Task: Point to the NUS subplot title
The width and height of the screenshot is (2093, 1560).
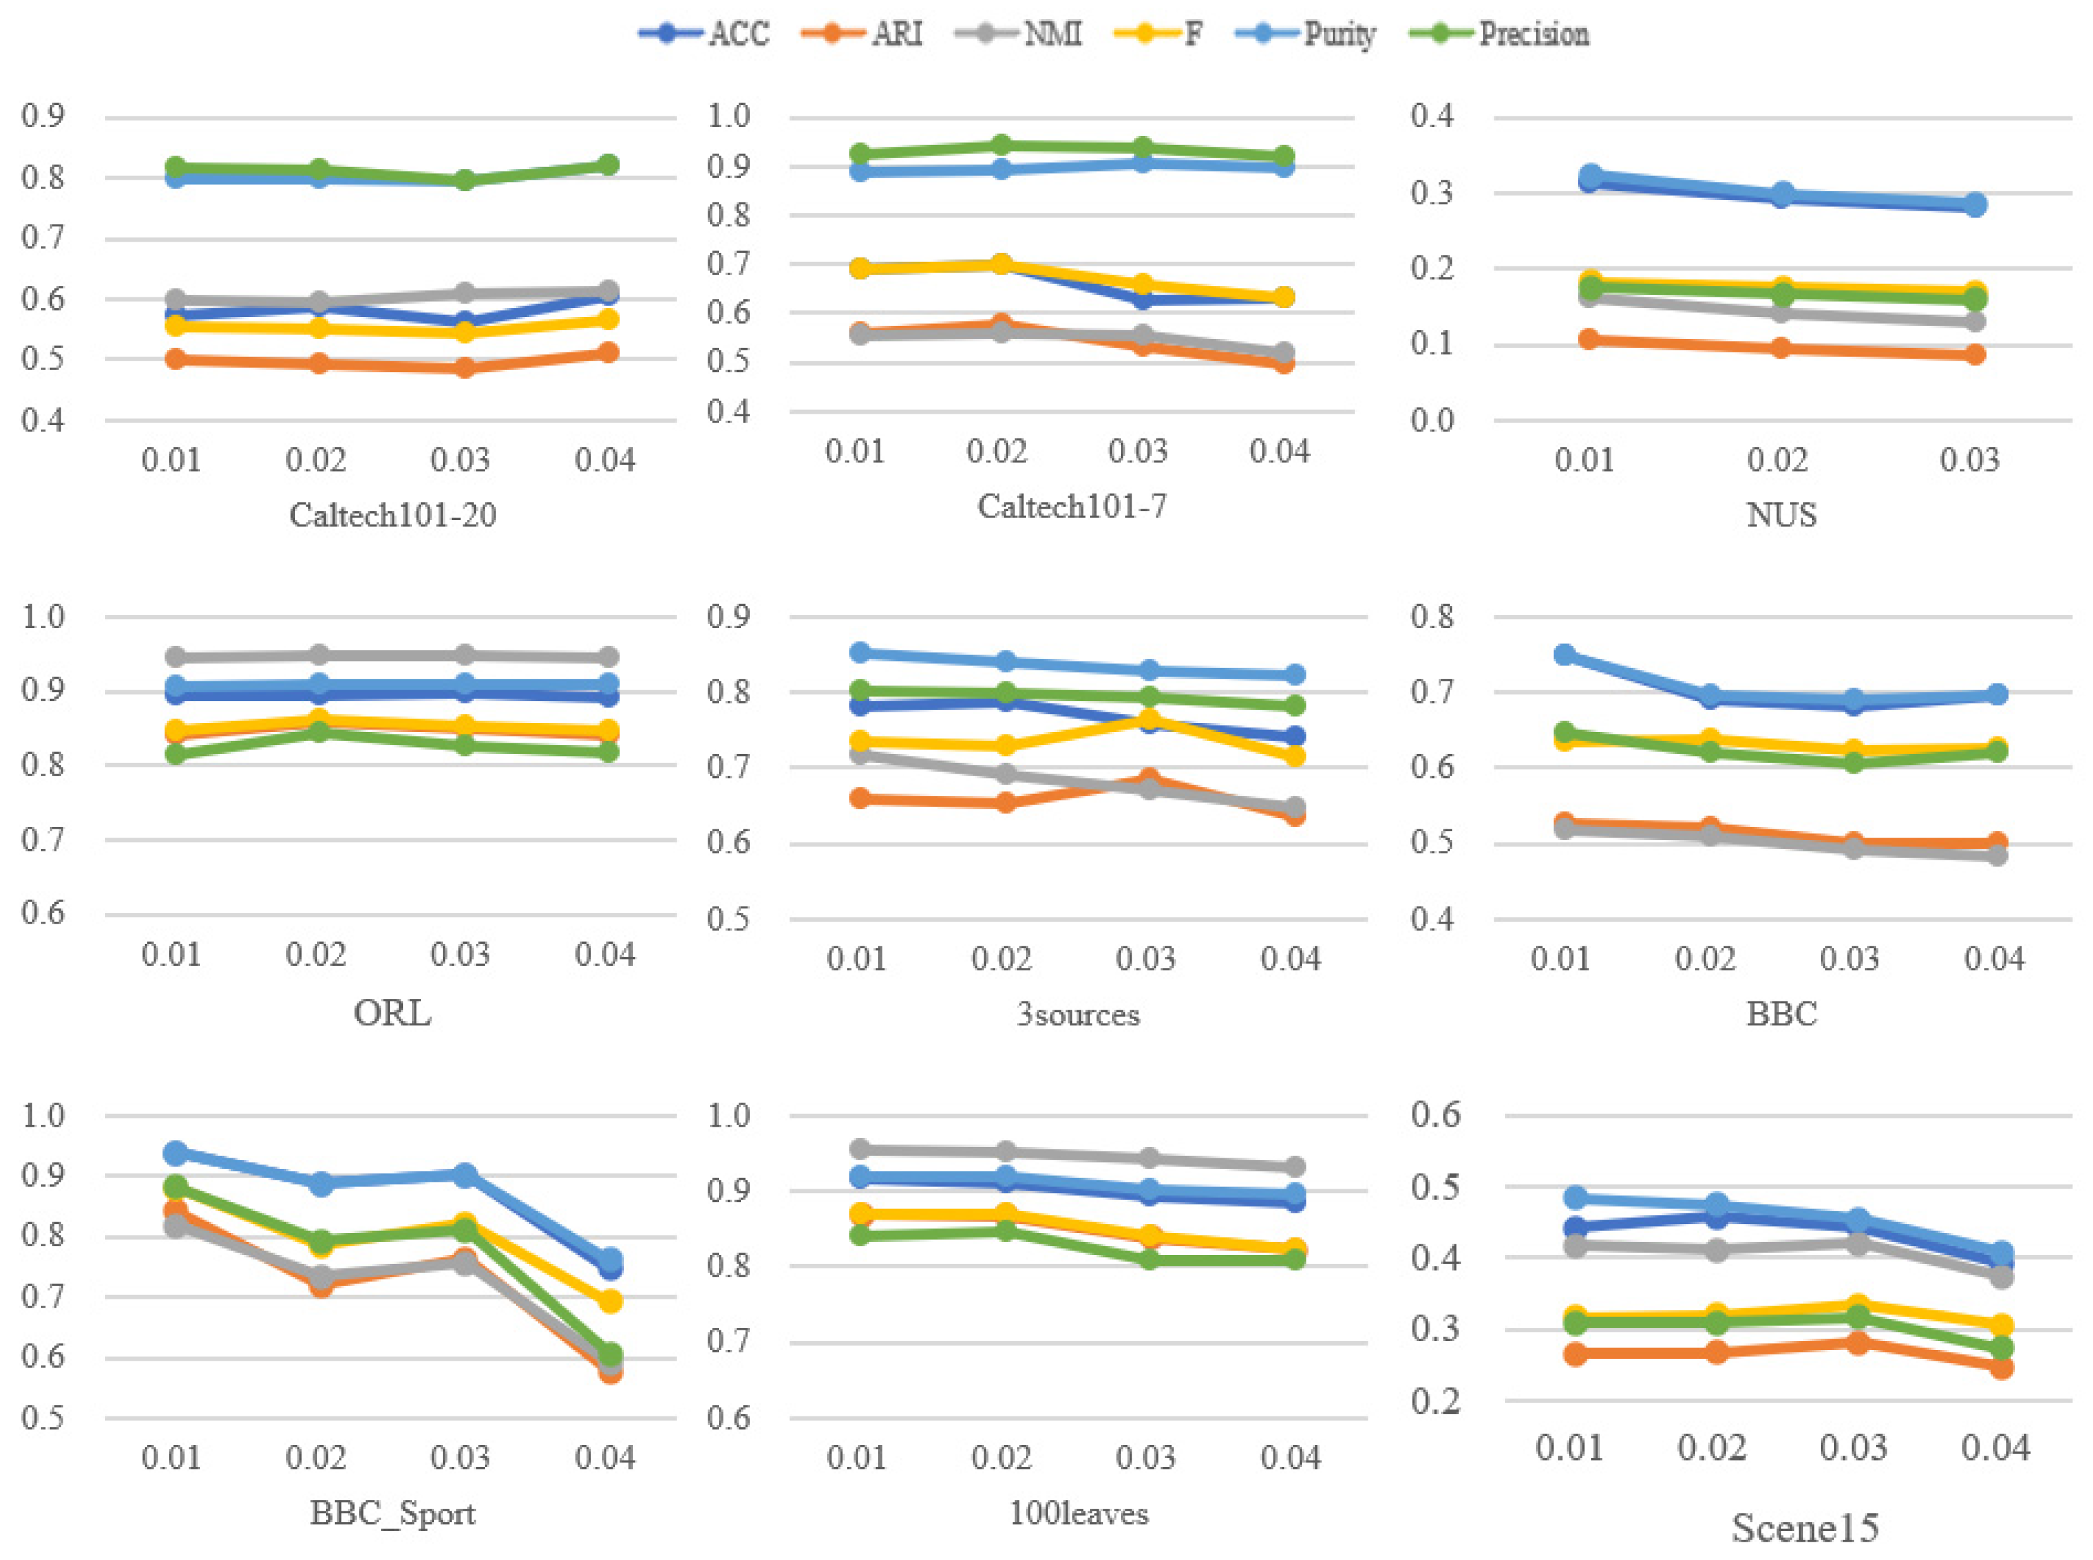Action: [1780, 515]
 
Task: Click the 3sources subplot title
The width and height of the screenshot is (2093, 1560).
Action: [1078, 1014]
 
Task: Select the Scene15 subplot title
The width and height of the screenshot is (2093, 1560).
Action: [1804, 1527]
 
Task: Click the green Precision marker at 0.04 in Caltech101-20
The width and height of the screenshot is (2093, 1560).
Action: [608, 165]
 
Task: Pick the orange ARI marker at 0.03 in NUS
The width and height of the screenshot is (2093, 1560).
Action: [1975, 354]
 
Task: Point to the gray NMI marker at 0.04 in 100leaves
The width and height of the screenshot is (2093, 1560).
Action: [1294, 1167]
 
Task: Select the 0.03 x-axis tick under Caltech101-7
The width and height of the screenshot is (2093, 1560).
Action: [1137, 452]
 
